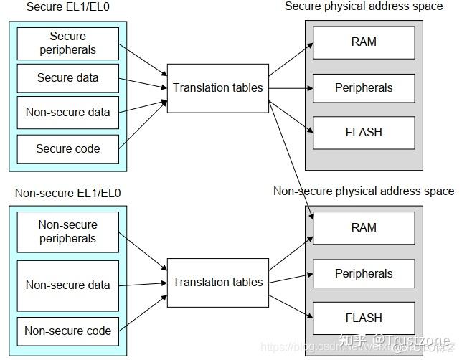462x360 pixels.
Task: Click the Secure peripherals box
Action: [68, 43]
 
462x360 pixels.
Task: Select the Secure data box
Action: [68, 77]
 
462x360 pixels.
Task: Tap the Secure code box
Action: [68, 148]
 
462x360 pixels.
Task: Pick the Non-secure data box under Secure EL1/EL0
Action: [68, 112]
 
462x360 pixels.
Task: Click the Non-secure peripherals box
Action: [68, 231]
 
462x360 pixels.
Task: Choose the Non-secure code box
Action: [68, 331]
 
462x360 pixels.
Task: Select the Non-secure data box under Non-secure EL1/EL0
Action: [68, 285]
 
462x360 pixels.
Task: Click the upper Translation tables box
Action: [218, 87]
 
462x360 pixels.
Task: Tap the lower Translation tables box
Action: [218, 282]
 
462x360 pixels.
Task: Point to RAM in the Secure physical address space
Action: [364, 42]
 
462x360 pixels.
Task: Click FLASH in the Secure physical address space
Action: [364, 132]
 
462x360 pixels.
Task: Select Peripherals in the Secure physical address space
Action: [364, 87]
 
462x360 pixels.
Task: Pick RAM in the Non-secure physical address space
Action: [364, 227]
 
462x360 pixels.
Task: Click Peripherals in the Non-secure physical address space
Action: [364, 273]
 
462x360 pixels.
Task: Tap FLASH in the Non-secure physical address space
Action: [364, 318]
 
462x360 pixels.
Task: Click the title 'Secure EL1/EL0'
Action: [63, 7]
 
